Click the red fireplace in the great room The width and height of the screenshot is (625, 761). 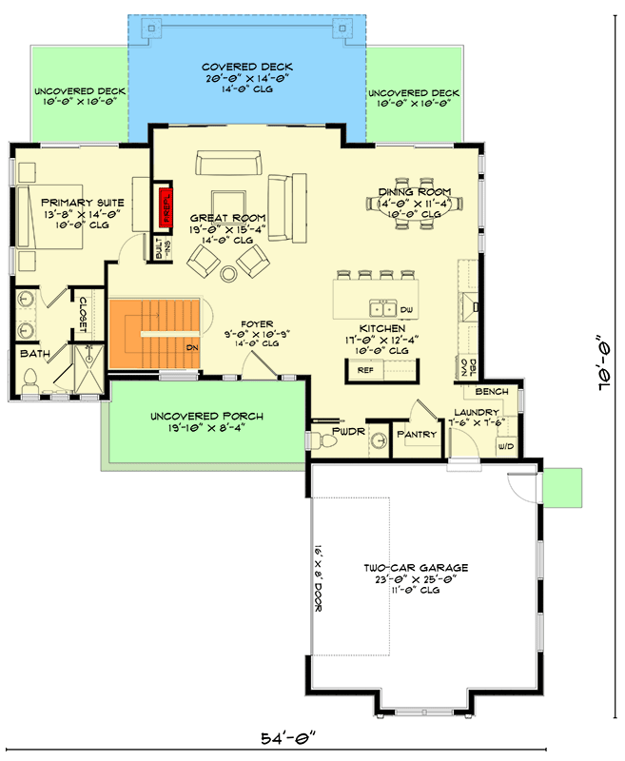[166, 205]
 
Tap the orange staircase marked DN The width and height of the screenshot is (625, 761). [154, 334]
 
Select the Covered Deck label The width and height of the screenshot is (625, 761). [247, 67]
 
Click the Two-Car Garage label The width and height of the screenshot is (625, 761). [416, 568]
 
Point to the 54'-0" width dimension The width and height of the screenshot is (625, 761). [288, 739]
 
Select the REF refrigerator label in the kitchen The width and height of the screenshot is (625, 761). [365, 370]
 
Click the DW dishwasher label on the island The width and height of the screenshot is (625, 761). [406, 310]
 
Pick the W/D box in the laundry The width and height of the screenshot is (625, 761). [506, 446]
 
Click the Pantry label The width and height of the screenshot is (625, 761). [417, 435]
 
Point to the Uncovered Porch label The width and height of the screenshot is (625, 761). [206, 417]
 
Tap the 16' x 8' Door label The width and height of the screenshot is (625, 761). [318, 578]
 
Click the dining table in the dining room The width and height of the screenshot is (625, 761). [415, 204]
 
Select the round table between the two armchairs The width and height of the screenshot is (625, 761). [228, 274]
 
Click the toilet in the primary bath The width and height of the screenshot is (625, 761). [30, 381]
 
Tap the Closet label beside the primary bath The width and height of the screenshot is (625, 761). [83, 315]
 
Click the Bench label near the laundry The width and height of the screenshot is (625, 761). [492, 392]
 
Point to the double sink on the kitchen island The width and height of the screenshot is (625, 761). [383, 308]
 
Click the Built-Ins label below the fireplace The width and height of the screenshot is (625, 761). [163, 248]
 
